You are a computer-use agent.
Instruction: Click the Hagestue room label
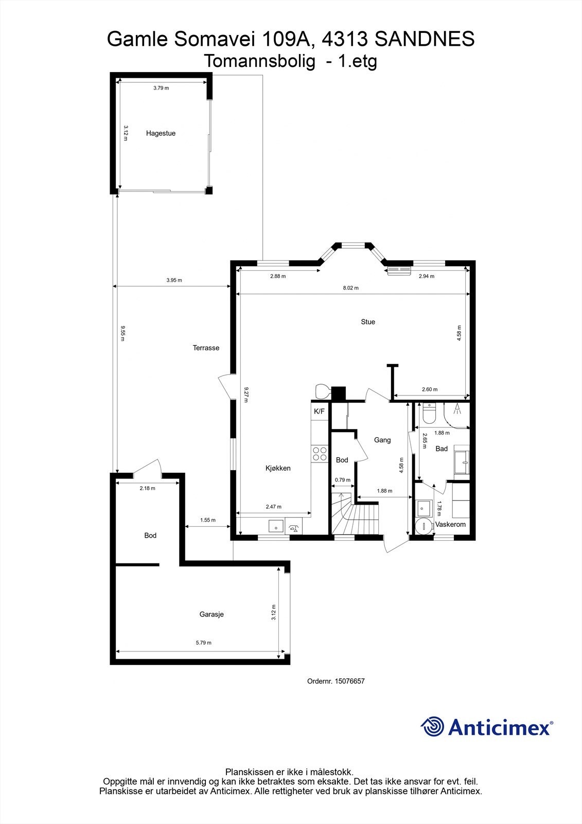(x=161, y=133)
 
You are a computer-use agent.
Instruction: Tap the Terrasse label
(x=206, y=348)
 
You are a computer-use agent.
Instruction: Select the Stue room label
(x=368, y=322)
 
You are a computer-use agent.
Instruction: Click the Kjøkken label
(x=278, y=468)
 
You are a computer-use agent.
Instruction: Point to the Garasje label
(x=211, y=614)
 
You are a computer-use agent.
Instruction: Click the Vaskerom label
(x=450, y=524)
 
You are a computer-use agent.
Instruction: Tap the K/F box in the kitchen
(x=320, y=411)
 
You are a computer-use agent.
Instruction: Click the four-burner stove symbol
(x=320, y=453)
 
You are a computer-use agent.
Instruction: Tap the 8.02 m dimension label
(x=350, y=288)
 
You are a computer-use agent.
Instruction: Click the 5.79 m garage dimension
(x=203, y=643)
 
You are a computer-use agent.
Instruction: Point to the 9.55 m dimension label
(x=122, y=334)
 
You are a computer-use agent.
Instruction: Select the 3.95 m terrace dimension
(x=174, y=281)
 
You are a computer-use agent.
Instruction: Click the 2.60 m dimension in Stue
(x=429, y=390)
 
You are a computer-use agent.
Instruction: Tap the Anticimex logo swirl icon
(x=432, y=727)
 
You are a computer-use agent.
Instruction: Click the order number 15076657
(x=349, y=681)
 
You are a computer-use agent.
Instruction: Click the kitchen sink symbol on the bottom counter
(x=276, y=526)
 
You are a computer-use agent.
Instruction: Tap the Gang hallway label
(x=382, y=440)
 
